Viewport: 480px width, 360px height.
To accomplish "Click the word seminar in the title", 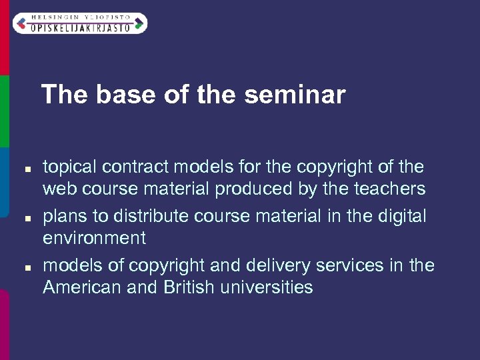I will tap(295, 95).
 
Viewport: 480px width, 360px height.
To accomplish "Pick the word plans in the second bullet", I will tap(65, 216).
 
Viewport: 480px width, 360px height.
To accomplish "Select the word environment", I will tap(94, 238).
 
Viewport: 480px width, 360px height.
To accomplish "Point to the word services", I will tap(366, 265).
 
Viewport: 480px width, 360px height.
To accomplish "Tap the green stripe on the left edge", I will tap(4, 110).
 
